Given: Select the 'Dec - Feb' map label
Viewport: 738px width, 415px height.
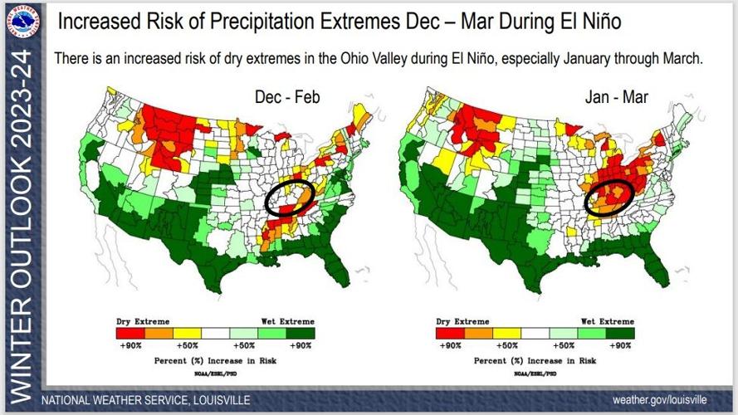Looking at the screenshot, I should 287,98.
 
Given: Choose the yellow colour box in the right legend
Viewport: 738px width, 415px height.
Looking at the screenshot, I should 507,332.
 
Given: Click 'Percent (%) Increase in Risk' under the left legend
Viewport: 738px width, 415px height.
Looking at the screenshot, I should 215,362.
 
